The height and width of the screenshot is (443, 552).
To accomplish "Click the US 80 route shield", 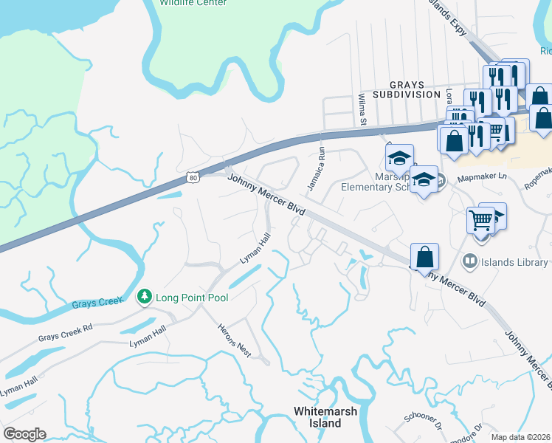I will click(193, 177).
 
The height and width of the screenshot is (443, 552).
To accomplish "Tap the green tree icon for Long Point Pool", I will click(144, 297).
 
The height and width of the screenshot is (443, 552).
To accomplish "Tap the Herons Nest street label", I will click(235, 341).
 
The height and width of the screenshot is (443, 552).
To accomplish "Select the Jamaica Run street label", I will click(317, 169).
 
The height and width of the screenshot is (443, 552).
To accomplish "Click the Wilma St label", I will click(362, 109).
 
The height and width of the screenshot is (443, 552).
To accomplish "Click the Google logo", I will click(24, 433).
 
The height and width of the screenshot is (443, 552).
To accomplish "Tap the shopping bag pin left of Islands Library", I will click(424, 258).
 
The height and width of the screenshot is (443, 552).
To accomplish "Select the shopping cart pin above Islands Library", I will click(481, 219).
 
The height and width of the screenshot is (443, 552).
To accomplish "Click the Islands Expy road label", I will click(450, 16).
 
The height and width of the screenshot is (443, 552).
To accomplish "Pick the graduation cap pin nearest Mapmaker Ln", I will click(424, 179).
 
